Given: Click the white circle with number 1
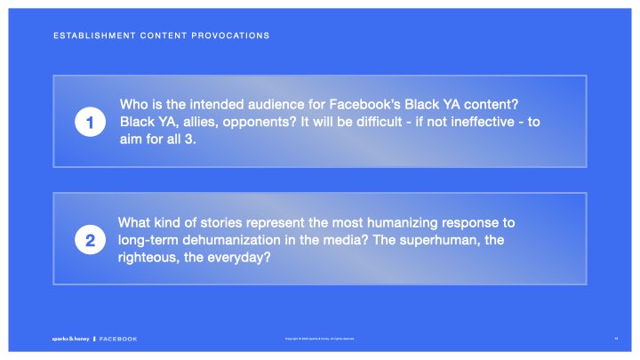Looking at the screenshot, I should click(x=91, y=124).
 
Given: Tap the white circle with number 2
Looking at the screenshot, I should click(x=91, y=240).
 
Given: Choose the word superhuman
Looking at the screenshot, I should click(x=457, y=240).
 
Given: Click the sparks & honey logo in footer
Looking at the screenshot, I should click(x=70, y=339).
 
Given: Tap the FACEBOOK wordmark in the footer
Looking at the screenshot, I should click(x=118, y=339).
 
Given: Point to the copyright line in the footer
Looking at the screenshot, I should click(x=319, y=339).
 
